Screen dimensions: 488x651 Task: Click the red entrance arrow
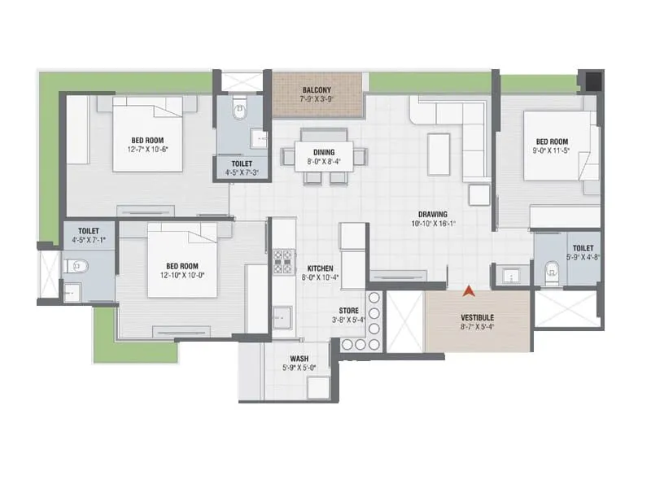click(469, 290)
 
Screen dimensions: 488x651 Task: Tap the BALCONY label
click(316, 89)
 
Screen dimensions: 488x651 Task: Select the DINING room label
click(323, 151)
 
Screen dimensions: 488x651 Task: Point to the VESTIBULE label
click(478, 317)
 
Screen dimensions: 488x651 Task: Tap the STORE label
click(350, 311)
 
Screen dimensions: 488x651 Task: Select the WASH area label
click(299, 358)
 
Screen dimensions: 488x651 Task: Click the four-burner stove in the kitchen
click(283, 260)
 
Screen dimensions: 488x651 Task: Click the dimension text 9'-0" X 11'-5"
click(551, 150)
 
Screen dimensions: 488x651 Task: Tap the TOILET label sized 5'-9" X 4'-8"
click(583, 248)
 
